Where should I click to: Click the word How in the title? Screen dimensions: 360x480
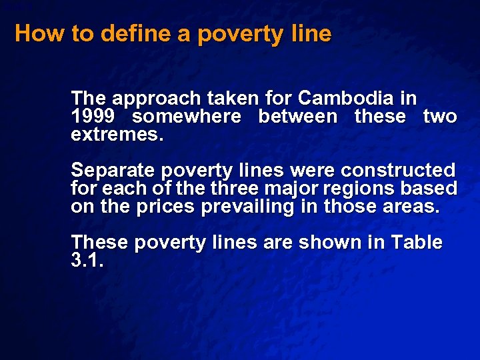click(39, 33)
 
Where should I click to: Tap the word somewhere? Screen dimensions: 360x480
click(187, 117)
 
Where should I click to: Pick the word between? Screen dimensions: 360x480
click(298, 117)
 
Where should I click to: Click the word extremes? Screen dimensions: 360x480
click(117, 135)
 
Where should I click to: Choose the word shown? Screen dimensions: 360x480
click(323, 243)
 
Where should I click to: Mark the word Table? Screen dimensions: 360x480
click(417, 243)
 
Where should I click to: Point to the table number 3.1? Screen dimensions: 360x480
click(87, 261)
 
